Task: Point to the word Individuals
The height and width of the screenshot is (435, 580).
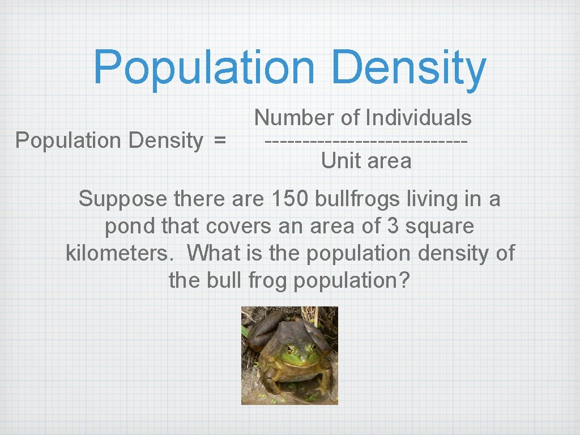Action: (419, 118)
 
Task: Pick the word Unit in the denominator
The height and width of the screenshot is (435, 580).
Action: (338, 161)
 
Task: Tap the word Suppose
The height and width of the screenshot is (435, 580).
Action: (115, 199)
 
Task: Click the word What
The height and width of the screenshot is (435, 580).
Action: (214, 253)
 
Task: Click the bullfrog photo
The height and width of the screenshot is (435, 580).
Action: (289, 355)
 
